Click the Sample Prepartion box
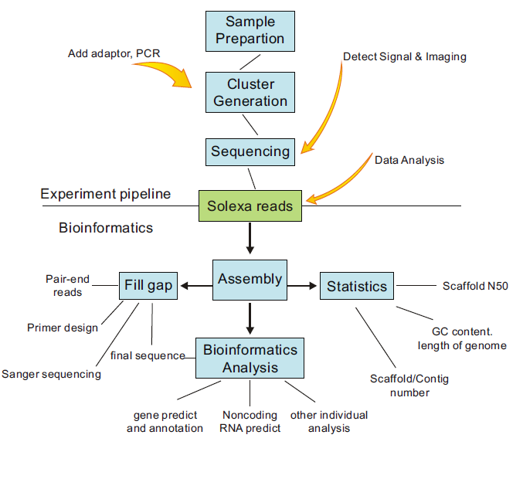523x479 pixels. (x=250, y=29)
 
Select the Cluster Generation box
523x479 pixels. (x=250, y=92)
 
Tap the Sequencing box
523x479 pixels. (x=250, y=151)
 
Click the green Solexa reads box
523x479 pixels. (x=250, y=206)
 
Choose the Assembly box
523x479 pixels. (x=250, y=279)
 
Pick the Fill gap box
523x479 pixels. (x=147, y=286)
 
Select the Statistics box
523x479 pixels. (x=356, y=286)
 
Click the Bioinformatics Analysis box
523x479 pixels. (x=250, y=358)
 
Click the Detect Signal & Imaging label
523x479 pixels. (x=404, y=56)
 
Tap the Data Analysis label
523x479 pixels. (x=409, y=160)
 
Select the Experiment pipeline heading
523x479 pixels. (x=106, y=194)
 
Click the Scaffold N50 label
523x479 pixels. (x=475, y=286)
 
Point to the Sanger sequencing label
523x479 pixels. (x=51, y=374)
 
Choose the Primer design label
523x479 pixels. (x=63, y=328)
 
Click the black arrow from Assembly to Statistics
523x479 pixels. (x=302, y=287)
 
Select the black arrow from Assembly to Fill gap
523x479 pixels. (x=195, y=287)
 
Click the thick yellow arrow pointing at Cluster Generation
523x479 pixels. (x=165, y=73)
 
